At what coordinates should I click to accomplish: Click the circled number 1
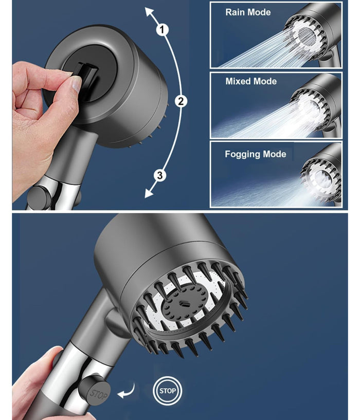(x=163, y=30)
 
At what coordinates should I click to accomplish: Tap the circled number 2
(x=181, y=101)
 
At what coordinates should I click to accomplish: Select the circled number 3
(x=160, y=175)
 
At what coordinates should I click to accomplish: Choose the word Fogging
(x=242, y=154)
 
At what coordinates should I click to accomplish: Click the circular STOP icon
(x=168, y=391)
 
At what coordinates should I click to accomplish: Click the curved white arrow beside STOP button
(x=127, y=391)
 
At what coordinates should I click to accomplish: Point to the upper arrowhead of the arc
(x=150, y=12)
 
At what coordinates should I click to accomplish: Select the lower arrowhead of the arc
(x=149, y=193)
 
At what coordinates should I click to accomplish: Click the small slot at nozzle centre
(x=184, y=304)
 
